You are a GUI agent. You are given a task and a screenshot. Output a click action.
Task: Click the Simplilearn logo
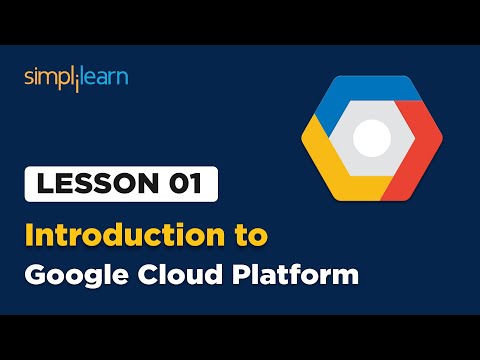click(76, 78)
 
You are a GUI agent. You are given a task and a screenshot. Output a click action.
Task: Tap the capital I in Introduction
click(30, 236)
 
